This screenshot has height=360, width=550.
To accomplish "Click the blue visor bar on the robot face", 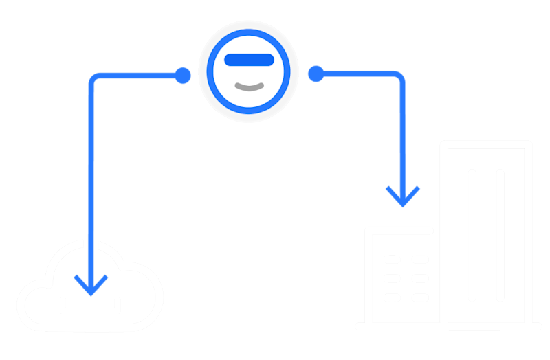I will coord(248,60).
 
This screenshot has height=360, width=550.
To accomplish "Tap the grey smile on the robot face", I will coord(248,87).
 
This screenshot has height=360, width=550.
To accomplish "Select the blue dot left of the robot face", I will coord(183,75).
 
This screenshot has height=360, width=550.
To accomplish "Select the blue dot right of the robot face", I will coord(316,74).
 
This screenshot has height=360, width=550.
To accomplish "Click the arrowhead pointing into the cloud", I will coord(91,282).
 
